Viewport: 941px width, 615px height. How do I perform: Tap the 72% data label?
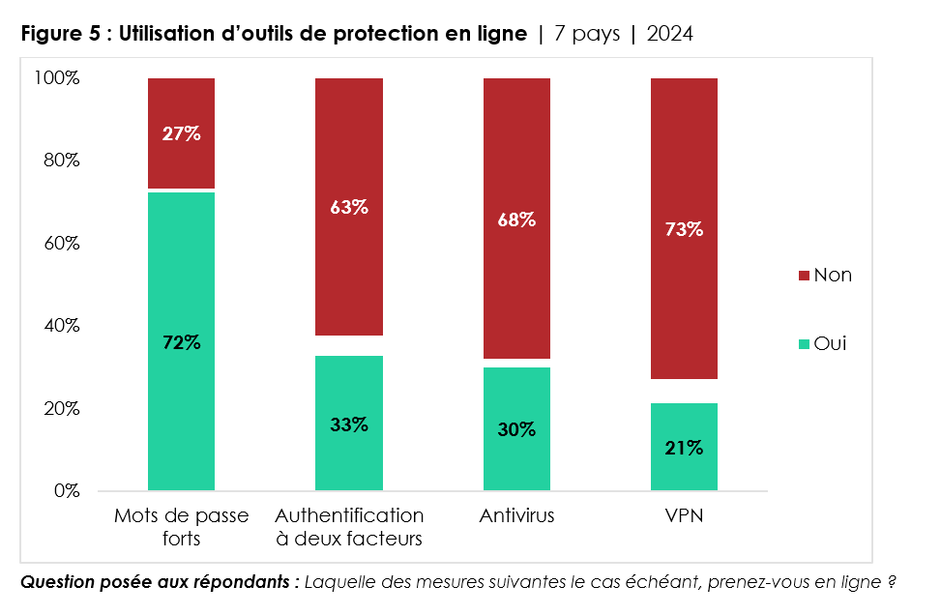coord(181,342)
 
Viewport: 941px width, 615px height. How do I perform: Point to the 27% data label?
coord(181,134)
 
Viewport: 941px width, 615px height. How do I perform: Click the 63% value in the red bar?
coord(348,207)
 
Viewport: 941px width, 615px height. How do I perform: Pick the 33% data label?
coord(348,425)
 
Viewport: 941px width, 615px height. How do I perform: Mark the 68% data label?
coord(516,220)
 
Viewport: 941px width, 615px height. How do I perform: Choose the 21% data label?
coord(684,448)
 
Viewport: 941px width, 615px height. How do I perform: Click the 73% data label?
coord(684,229)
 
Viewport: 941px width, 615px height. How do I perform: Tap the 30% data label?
coord(516,429)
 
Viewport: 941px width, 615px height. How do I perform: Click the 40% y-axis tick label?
coord(60,326)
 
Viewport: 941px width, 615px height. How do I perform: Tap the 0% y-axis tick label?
coord(65,491)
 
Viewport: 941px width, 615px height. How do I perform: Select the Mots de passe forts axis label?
coord(181,526)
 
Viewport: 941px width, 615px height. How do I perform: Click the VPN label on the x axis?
coord(684,515)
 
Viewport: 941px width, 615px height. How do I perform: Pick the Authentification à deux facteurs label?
coord(348,526)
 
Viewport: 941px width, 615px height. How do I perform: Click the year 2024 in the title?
coord(669,35)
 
